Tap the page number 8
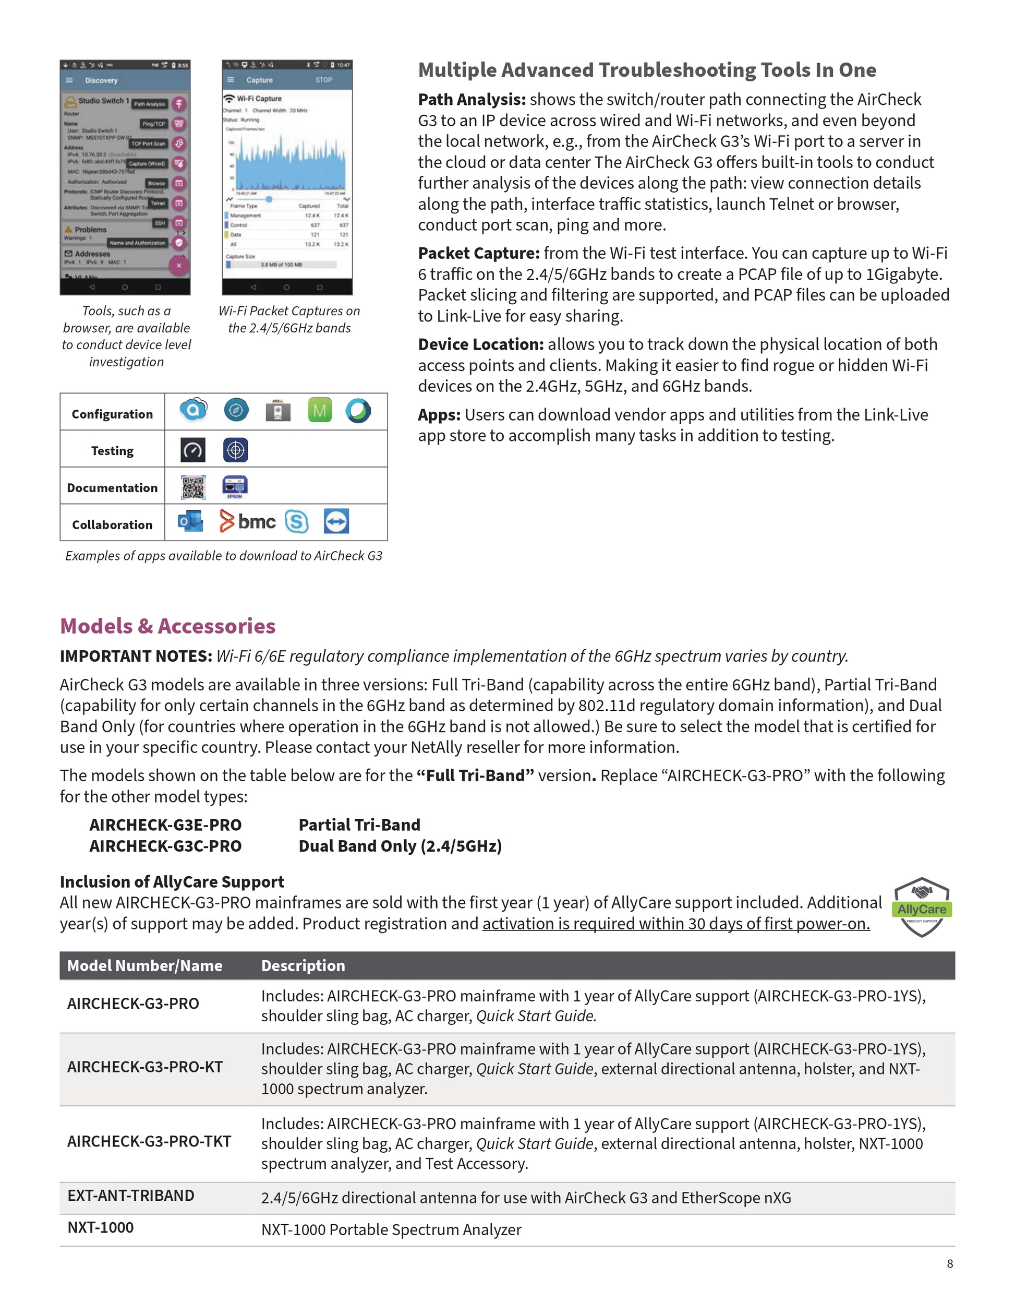[949, 1263]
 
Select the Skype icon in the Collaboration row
[296, 522]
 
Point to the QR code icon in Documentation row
[193, 487]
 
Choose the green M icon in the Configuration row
[319, 410]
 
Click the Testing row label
[113, 451]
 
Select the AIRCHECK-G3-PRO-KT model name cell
[145, 1067]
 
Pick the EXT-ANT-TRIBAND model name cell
[130, 1196]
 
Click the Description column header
[303, 965]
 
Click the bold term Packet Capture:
[479, 253]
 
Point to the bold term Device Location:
[480, 345]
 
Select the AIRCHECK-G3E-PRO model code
[165, 825]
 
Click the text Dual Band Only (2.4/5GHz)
[400, 846]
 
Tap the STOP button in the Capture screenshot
[323, 79]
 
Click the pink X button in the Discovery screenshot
[178, 265]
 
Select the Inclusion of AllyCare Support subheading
[172, 881]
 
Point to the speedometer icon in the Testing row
[193, 450]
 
